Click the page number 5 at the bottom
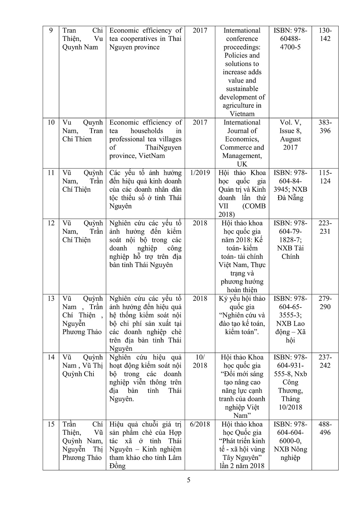coord(189,480)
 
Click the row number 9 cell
coord(51,31)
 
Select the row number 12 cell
coord(51,223)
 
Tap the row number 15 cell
coord(51,424)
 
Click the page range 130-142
coord(325,35)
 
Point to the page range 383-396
coord(325,126)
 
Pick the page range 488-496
coord(325,428)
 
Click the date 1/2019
coord(200,173)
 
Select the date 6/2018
coord(200,424)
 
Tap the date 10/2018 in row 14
coord(200,362)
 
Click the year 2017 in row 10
coord(200,122)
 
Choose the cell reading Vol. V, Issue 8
coord(290,126)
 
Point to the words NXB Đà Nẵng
coord(290,194)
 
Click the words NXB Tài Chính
coord(290,252)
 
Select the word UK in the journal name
coord(242,164)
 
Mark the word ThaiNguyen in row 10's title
coord(163,147)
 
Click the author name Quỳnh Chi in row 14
coord(78,374)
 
